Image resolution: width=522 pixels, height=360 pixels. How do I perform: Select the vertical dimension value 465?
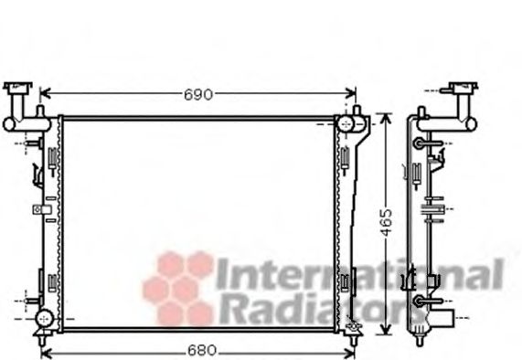coord(387,221)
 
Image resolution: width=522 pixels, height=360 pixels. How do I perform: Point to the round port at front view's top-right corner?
coord(347,122)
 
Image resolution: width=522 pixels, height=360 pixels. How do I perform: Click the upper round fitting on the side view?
coord(420,143)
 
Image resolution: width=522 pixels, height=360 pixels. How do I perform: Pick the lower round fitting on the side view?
coord(420,300)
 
